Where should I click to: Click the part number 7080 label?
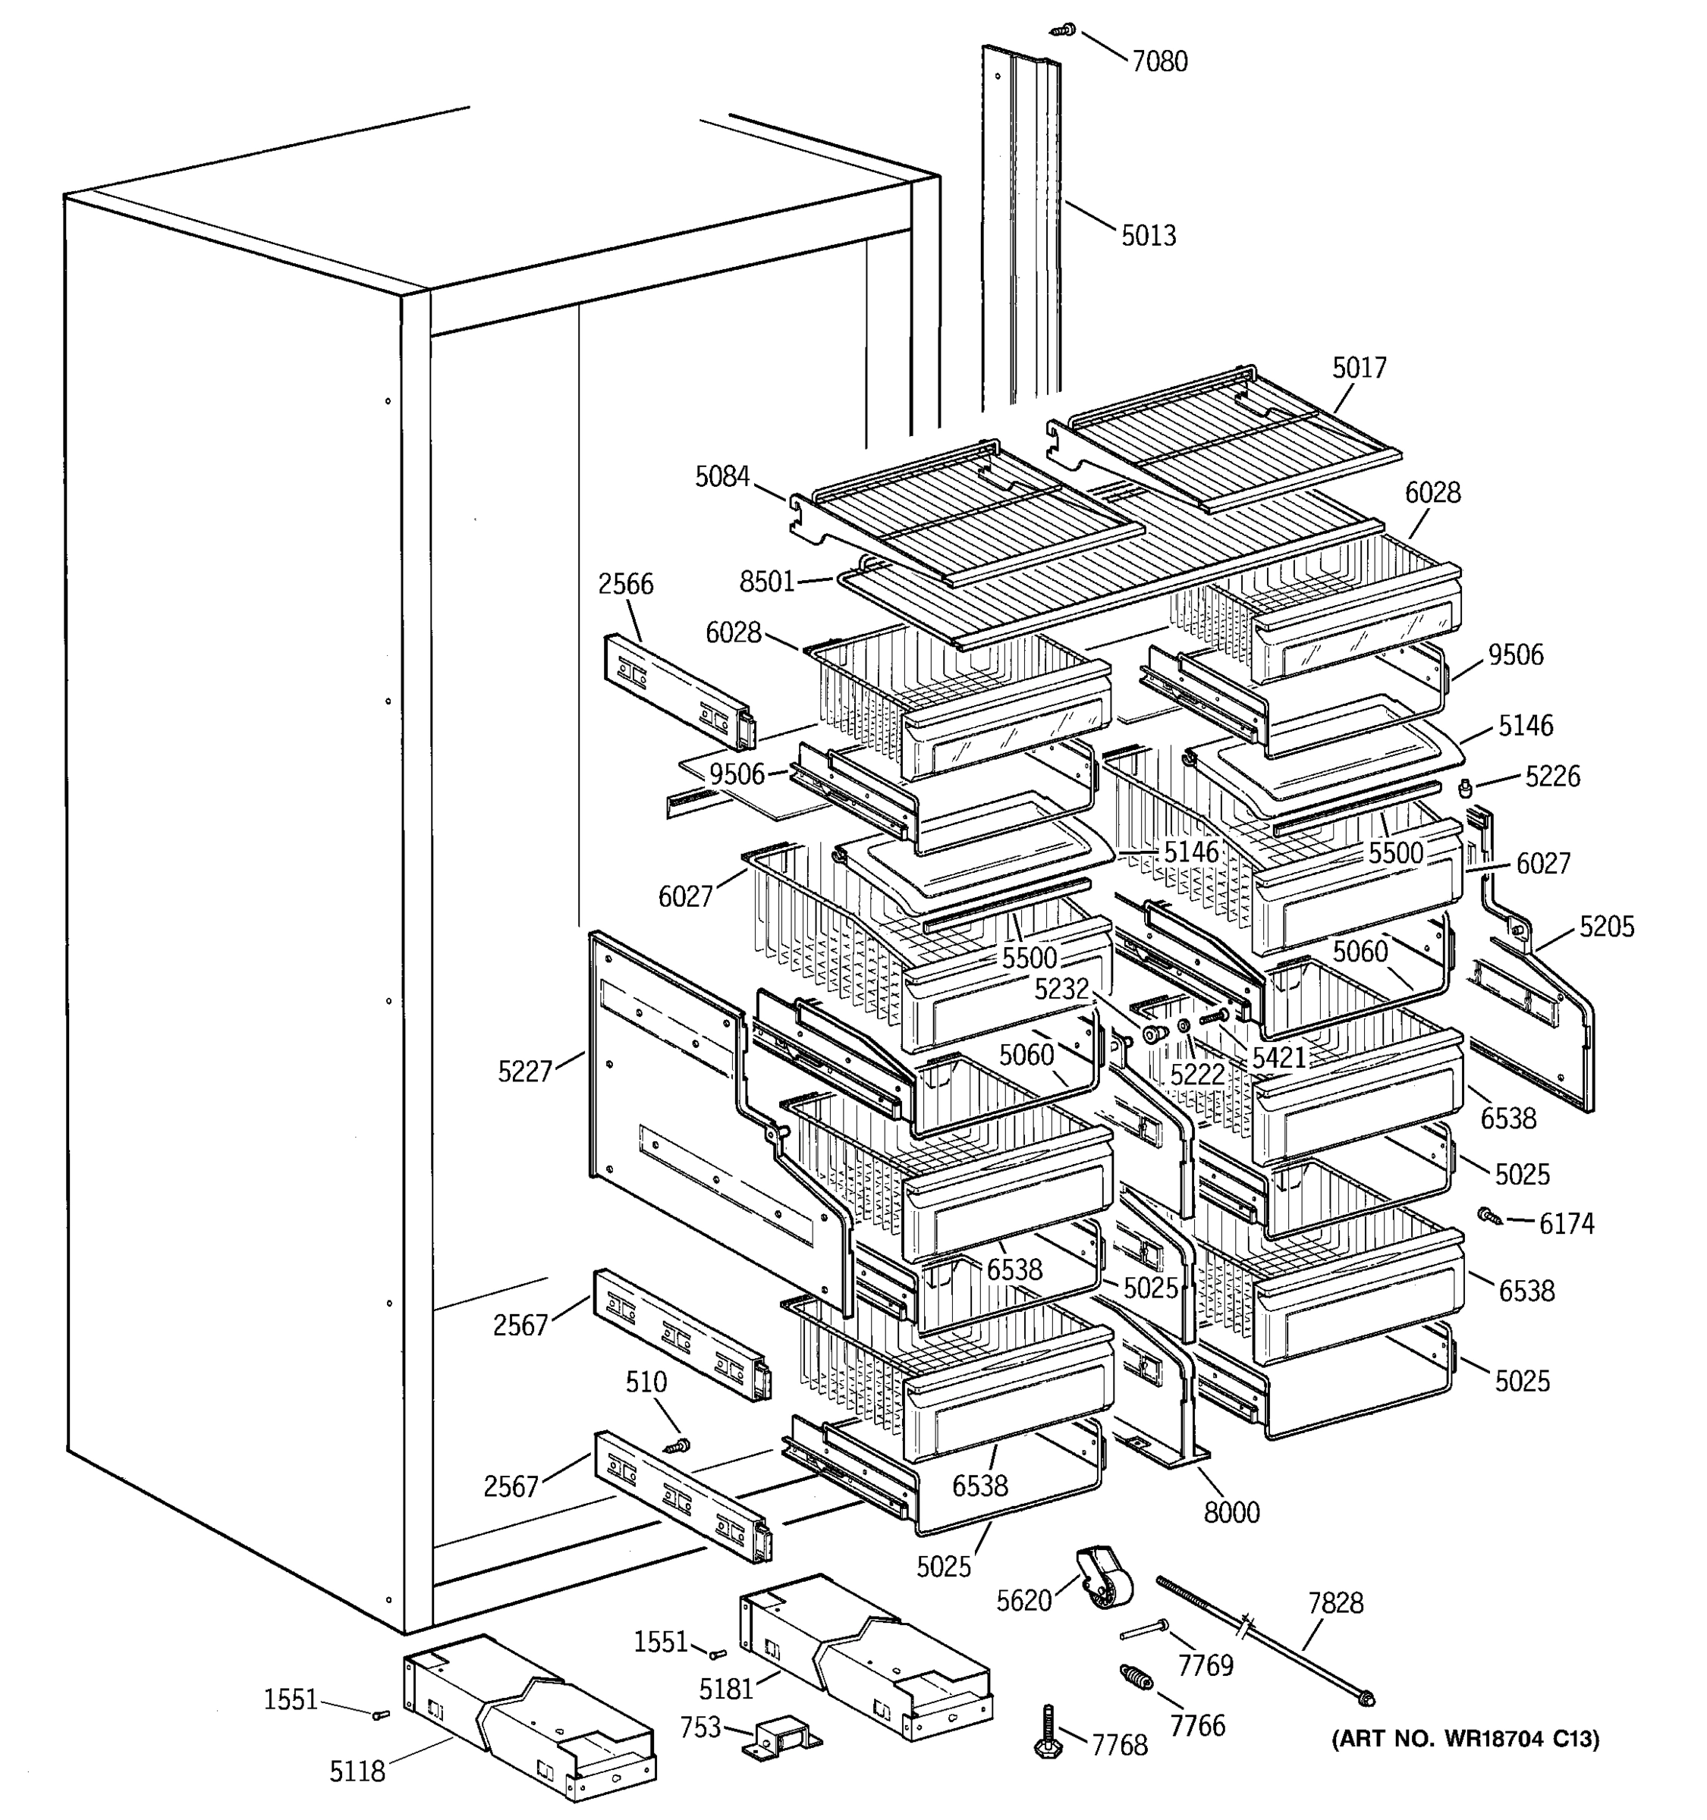coord(1159,61)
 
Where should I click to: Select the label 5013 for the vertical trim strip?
coord(1149,235)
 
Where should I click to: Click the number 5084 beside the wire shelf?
coord(721,476)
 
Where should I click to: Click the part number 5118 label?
coord(357,1772)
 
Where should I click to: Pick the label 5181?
coord(725,1687)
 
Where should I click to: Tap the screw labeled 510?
coord(678,1445)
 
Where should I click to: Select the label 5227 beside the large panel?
coord(525,1071)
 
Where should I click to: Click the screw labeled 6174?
coord(1489,1215)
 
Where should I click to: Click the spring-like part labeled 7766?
coord(1136,1678)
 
